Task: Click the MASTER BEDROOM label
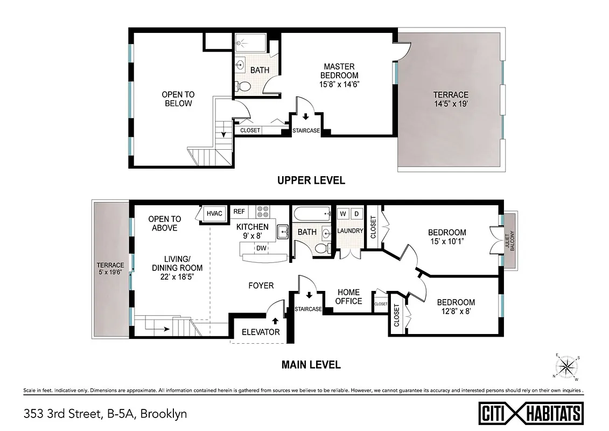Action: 339,71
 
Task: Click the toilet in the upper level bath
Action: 243,86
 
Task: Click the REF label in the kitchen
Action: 239,212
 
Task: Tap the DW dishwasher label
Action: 261,248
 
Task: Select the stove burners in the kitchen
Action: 262,212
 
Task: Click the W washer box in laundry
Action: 342,214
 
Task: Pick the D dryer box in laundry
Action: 356,214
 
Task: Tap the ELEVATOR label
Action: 261,332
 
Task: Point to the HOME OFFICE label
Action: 348,296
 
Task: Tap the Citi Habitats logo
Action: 531,413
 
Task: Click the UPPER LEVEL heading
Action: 311,180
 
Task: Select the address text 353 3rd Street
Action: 61,414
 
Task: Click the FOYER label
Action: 261,286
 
